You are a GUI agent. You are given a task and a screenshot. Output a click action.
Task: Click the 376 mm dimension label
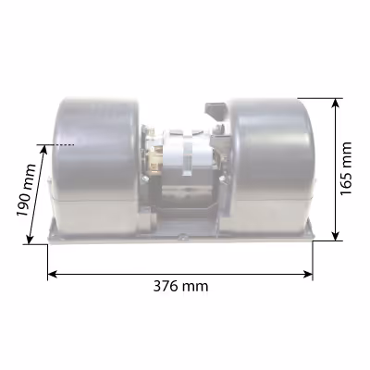click(x=180, y=287)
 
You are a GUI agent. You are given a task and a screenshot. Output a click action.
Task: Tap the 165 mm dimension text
click(x=346, y=168)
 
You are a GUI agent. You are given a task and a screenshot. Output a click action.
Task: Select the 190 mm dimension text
click(x=26, y=191)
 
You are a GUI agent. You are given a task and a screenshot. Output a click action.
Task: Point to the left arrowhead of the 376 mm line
click(x=53, y=274)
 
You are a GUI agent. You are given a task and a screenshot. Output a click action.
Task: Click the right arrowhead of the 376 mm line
click(x=308, y=274)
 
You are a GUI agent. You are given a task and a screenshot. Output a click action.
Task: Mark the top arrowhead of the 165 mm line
click(x=336, y=104)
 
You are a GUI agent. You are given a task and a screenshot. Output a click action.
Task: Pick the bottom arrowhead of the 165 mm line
click(x=336, y=236)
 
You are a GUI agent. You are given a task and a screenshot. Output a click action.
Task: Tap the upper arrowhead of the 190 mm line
click(x=43, y=150)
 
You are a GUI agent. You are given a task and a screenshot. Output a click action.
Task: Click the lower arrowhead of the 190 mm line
click(x=30, y=239)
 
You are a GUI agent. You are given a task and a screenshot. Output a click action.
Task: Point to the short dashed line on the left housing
click(x=64, y=144)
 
